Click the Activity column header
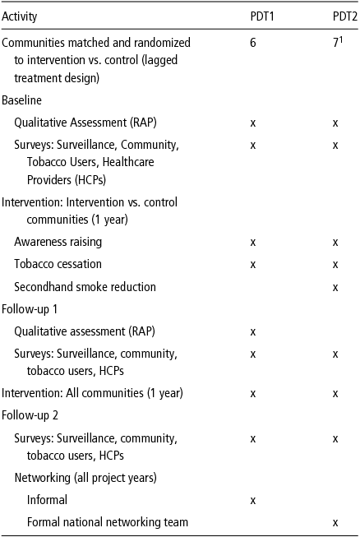(x=20, y=16)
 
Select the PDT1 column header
(x=262, y=16)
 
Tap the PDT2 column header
(x=333, y=16)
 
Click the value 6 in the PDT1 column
(x=252, y=43)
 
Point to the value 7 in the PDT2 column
(x=335, y=43)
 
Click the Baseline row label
(x=22, y=100)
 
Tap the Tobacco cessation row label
(x=58, y=264)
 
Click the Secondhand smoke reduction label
(x=85, y=287)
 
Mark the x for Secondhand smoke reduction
(x=335, y=287)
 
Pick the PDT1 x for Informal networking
(x=252, y=499)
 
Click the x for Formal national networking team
(x=335, y=521)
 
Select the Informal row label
(x=47, y=499)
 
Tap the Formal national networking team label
(x=107, y=521)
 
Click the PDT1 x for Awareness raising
(x=252, y=242)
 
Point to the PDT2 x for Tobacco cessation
(x=335, y=264)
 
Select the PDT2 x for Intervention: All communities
(x=335, y=393)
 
